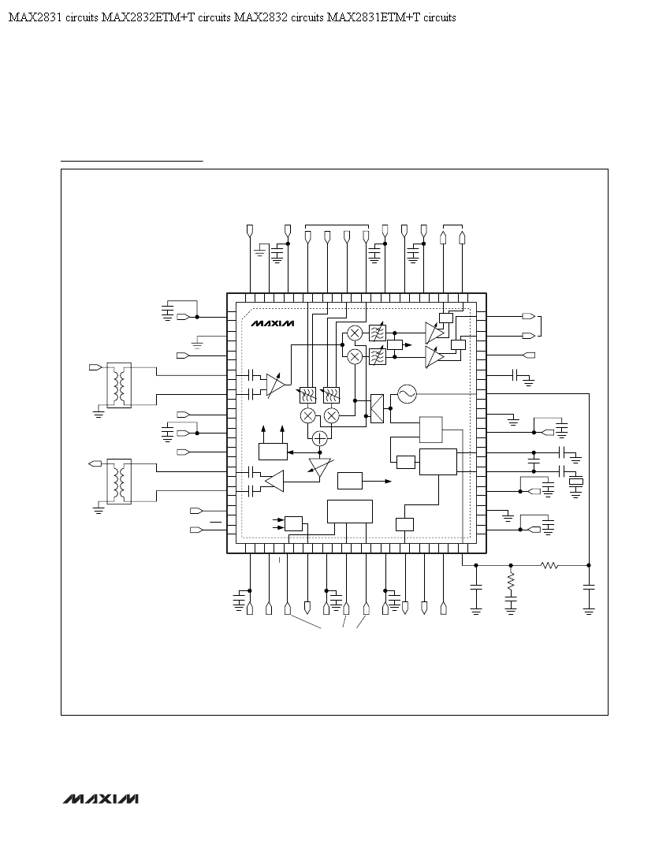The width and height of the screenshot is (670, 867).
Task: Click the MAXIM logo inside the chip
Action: [273, 323]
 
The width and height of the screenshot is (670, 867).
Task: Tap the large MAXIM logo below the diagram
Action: [100, 799]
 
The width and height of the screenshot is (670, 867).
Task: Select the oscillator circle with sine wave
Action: [407, 393]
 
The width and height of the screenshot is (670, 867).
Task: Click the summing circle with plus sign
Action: [319, 438]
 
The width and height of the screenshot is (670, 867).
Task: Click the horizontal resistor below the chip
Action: [549, 565]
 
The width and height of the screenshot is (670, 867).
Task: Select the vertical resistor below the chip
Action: [510, 581]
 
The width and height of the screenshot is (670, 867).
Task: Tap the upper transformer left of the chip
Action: [119, 385]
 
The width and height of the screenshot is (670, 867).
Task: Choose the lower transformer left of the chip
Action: [119, 481]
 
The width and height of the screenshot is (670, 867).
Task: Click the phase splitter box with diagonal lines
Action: [377, 408]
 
